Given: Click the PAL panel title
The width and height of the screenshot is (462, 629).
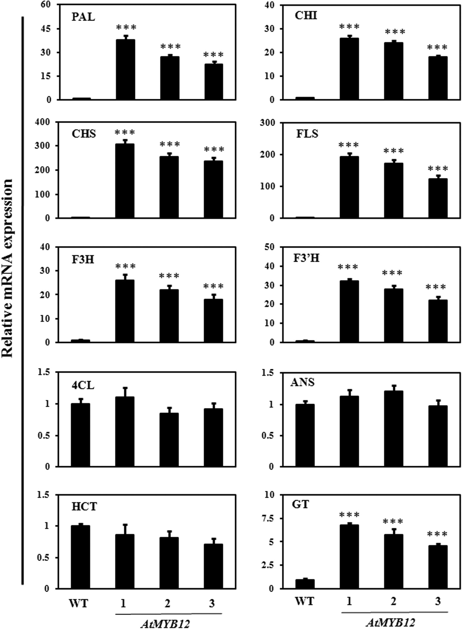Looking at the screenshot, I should tap(83, 17).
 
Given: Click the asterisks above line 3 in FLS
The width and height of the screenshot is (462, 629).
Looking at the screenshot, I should tap(438, 169).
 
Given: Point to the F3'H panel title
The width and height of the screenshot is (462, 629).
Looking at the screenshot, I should tap(308, 258).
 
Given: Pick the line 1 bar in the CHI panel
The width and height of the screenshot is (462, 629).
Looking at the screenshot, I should tap(349, 69).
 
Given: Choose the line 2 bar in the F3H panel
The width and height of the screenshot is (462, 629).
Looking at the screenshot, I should tap(169, 316).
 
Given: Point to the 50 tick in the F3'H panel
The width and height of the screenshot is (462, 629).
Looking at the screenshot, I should tap(270, 247).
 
